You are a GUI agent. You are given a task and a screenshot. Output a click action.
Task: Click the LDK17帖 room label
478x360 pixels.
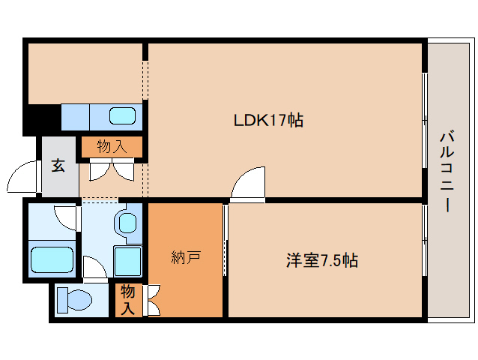[268, 120]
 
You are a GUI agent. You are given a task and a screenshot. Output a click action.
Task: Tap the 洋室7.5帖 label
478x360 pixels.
[321, 261]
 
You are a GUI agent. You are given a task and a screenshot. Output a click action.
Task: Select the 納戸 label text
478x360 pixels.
[185, 259]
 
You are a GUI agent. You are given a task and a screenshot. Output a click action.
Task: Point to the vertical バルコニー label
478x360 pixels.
[447, 171]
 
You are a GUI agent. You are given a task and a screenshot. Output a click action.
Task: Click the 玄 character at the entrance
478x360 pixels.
[58, 166]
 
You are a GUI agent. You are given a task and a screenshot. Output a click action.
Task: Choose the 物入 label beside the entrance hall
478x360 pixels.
[112, 146]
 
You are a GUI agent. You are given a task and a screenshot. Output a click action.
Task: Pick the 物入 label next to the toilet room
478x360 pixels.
[127, 298]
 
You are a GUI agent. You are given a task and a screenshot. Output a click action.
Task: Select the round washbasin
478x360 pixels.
[128, 223]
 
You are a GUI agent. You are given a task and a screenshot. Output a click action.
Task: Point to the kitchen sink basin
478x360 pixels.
[123, 116]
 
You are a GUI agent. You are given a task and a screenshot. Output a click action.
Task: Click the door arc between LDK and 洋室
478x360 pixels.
[248, 185]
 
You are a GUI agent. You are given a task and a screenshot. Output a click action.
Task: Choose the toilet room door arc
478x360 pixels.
[94, 267]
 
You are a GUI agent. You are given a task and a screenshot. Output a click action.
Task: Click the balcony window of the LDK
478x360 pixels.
[425, 120]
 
